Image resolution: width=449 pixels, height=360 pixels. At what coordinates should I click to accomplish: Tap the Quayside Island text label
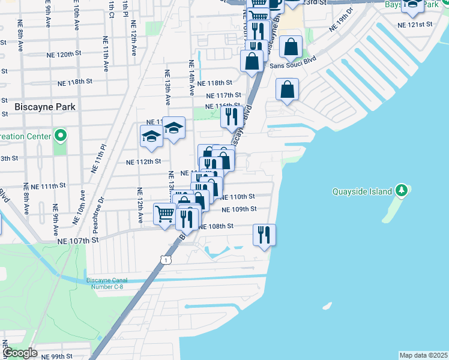point(363,192)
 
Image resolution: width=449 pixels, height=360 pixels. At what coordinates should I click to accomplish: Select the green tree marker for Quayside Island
point(402,191)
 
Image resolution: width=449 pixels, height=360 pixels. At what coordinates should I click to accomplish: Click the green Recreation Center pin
point(60,136)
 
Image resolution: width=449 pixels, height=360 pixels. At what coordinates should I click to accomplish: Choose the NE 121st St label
point(415,25)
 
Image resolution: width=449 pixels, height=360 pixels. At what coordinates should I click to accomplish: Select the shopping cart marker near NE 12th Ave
point(164,214)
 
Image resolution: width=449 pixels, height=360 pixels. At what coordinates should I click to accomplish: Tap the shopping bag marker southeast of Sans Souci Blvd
point(287,90)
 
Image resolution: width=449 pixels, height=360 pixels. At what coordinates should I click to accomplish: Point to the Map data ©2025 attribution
point(423,355)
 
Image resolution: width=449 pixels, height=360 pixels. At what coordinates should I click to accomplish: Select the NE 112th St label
point(143,161)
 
